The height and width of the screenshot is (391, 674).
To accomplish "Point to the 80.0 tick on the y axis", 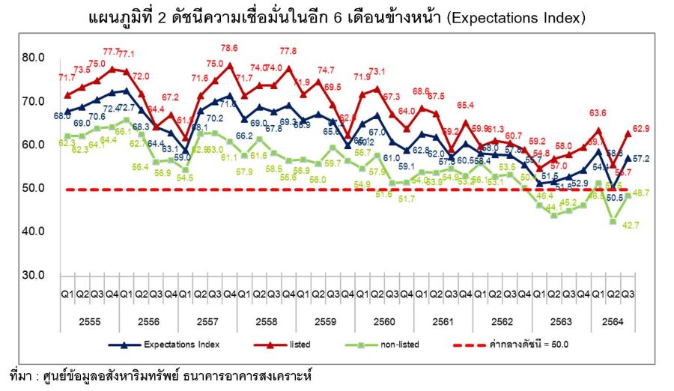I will (x=34, y=58).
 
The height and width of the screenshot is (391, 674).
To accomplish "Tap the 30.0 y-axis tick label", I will (x=34, y=275).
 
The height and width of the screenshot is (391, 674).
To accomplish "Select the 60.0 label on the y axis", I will (x=34, y=145).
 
